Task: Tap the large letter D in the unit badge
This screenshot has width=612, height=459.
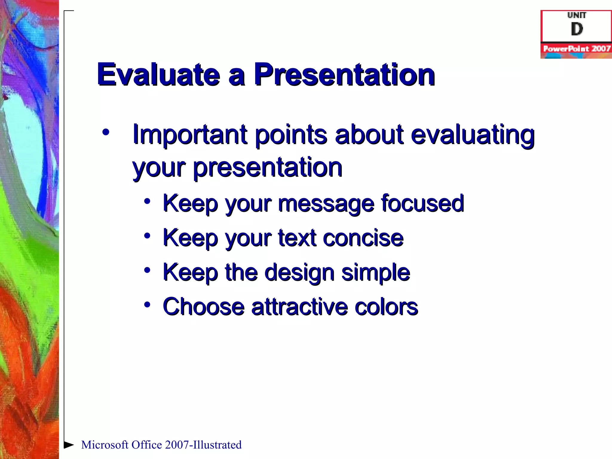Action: (576, 29)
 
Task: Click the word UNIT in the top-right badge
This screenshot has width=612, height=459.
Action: (576, 15)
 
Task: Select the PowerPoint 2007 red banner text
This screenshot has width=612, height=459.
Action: (576, 48)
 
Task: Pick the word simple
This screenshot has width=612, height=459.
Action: (376, 273)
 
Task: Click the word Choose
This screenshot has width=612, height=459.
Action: (204, 307)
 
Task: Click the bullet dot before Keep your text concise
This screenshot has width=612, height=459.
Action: (147, 236)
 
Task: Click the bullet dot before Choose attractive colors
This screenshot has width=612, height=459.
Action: (147, 305)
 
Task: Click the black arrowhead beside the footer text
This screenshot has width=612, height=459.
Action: (69, 445)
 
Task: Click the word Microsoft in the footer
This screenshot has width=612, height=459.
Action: (105, 445)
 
